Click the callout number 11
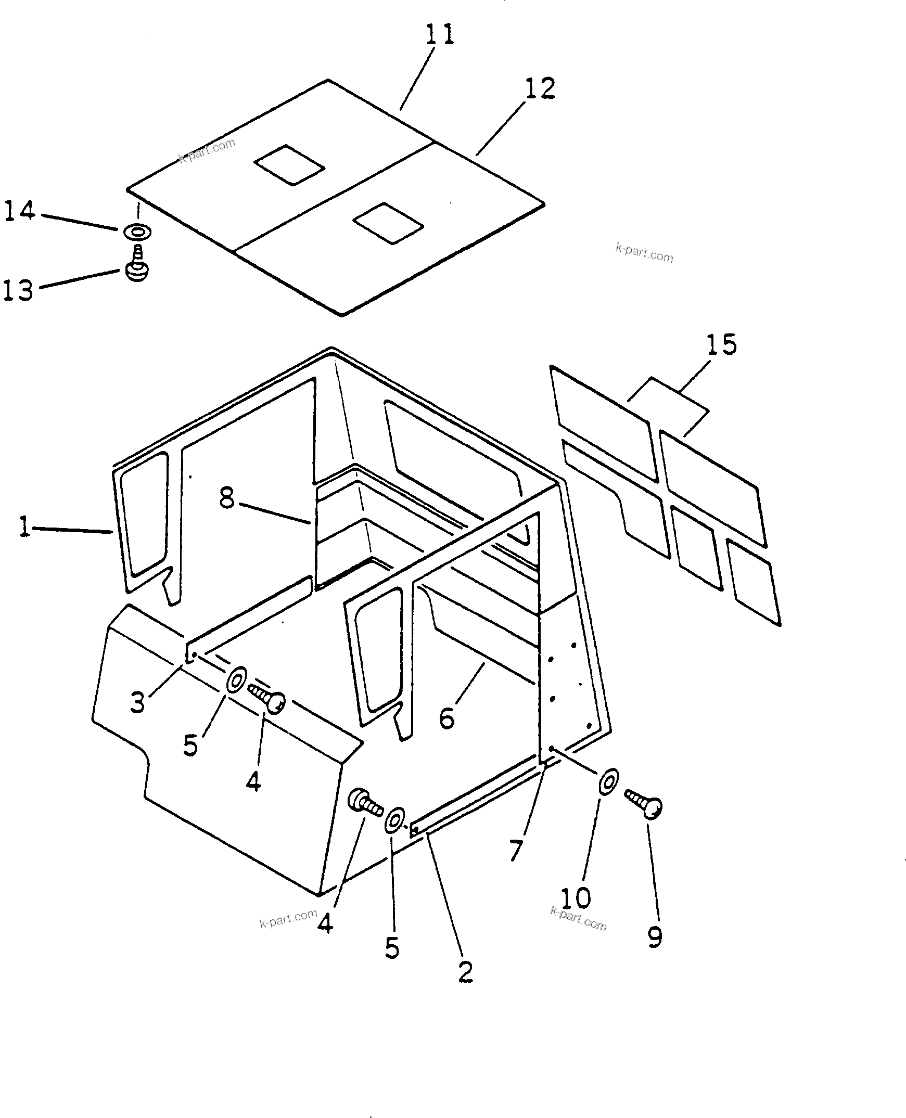pyautogui.click(x=439, y=35)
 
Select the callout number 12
pyautogui.click(x=540, y=88)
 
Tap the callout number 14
pyautogui.click(x=19, y=211)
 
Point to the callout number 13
pyautogui.click(x=18, y=290)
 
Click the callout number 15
pyautogui.click(x=721, y=345)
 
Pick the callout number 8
pyautogui.click(x=226, y=498)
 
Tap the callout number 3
pyautogui.click(x=137, y=703)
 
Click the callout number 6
pyautogui.click(x=446, y=718)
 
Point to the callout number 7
pyautogui.click(x=516, y=851)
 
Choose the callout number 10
pyautogui.click(x=576, y=898)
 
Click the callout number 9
pyautogui.click(x=655, y=936)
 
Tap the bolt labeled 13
pyautogui.click(x=137, y=265)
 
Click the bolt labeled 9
pyautogui.click(x=645, y=804)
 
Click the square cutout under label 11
pyautogui.click(x=290, y=164)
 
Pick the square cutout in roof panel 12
pyautogui.click(x=388, y=223)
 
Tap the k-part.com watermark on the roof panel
pyautogui.click(x=208, y=150)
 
